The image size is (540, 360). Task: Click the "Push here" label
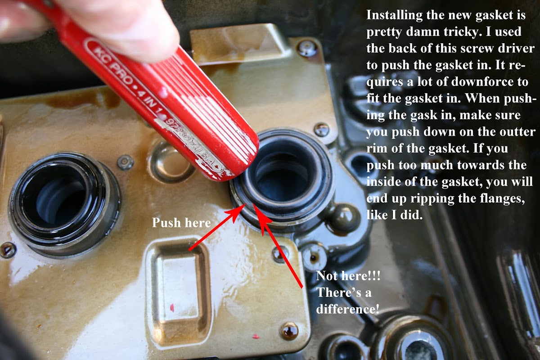[181, 223]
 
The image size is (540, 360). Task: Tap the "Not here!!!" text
[348, 275]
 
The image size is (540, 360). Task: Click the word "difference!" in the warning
[347, 309]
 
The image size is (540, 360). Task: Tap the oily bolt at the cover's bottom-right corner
[290, 332]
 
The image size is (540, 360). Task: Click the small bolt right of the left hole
[125, 162]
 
